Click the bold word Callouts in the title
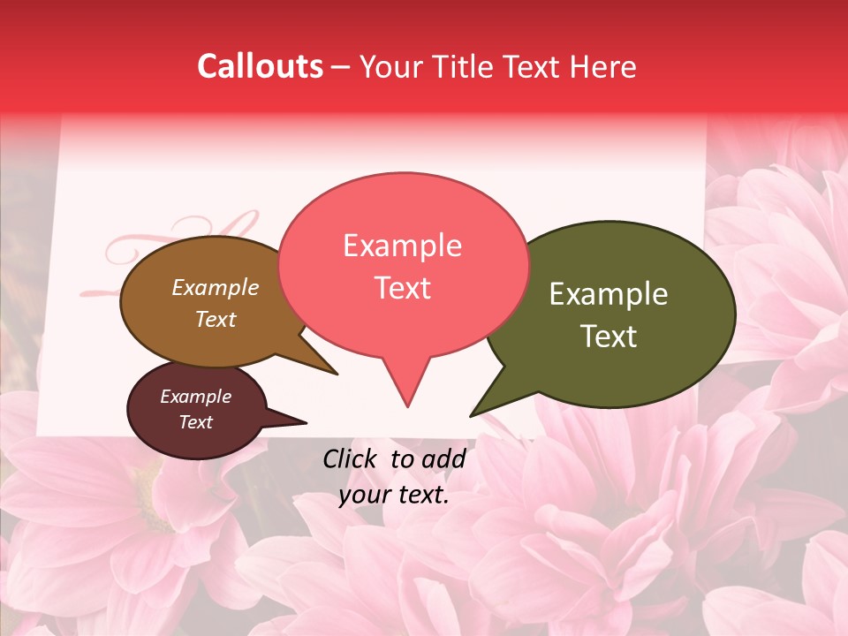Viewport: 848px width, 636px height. (x=260, y=66)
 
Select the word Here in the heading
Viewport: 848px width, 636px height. (x=602, y=66)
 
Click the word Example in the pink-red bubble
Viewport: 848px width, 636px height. (x=402, y=246)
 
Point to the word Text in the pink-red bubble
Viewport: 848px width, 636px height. (x=402, y=288)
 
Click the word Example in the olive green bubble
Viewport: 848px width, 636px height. (x=609, y=294)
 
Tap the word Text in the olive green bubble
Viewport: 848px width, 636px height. (x=609, y=337)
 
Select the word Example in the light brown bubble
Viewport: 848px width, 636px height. (x=216, y=287)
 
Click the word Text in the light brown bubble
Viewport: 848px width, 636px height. (x=216, y=319)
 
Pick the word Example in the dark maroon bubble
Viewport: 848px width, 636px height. (x=196, y=397)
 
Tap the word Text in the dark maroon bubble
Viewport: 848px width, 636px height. (x=196, y=422)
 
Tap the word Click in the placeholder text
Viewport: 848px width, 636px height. (x=351, y=458)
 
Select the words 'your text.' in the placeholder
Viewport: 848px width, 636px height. (x=394, y=495)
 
